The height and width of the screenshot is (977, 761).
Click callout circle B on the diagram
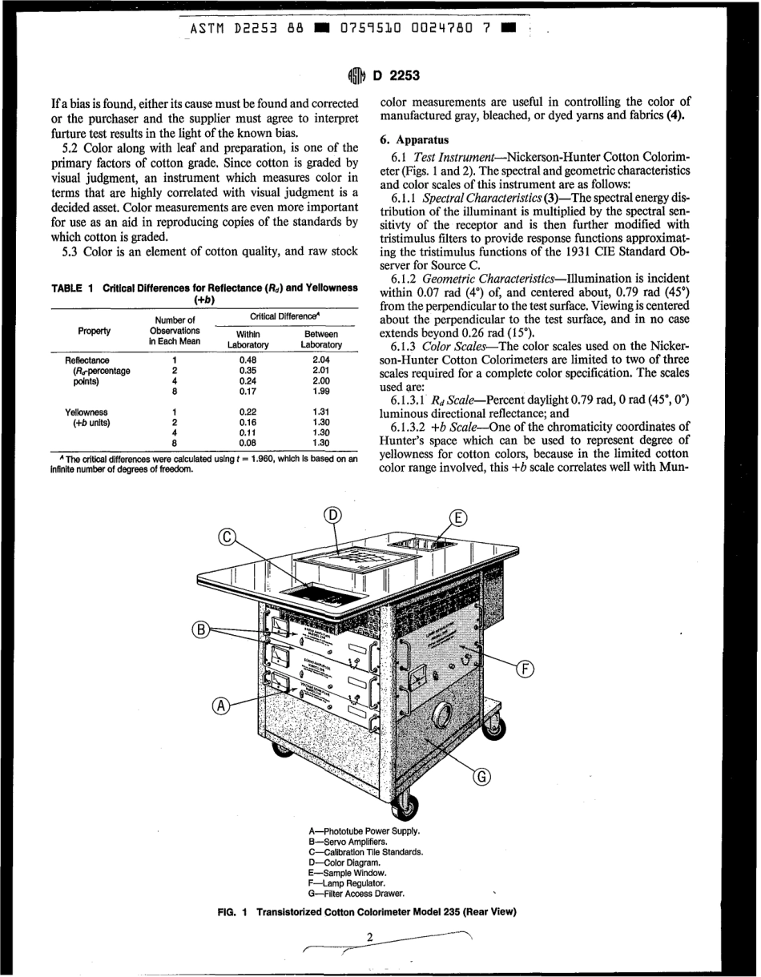[x=200, y=629]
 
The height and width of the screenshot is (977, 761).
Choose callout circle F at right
[x=525, y=669]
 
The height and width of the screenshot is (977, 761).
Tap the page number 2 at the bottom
[x=370, y=938]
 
